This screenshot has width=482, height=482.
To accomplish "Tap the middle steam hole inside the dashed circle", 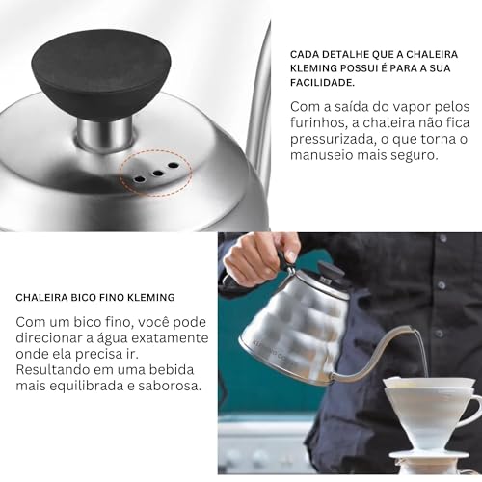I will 156,172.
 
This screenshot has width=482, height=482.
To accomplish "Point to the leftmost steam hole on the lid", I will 141,177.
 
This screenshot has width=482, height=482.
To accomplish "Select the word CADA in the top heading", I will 306,55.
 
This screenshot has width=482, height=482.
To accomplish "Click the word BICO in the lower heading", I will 94,297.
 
